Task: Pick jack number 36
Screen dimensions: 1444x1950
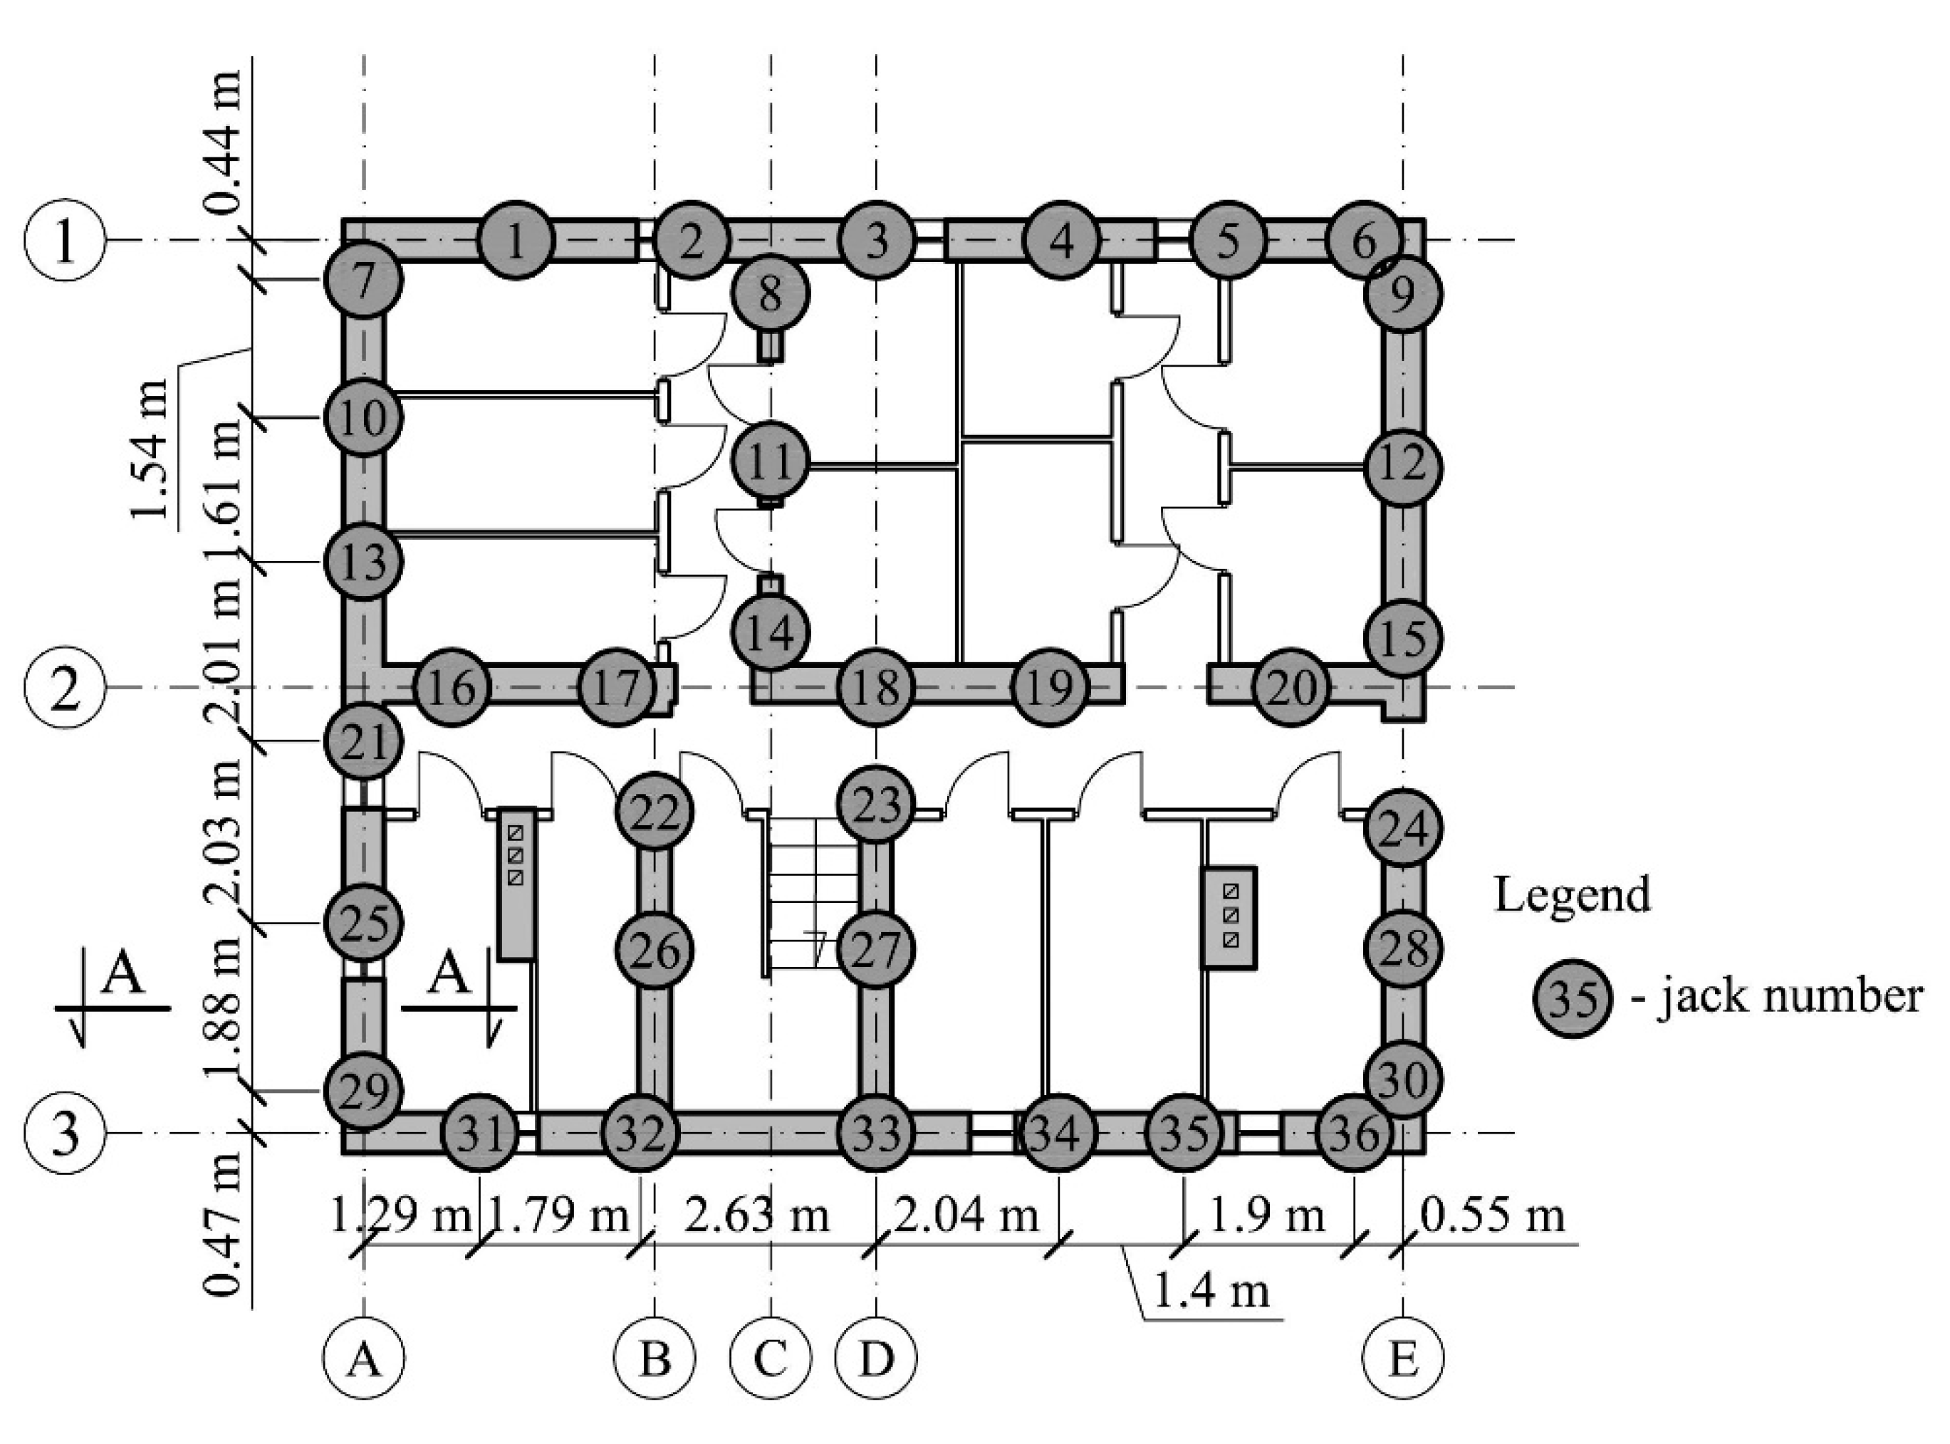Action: tap(1354, 1134)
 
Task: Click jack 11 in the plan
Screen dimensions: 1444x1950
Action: tap(769, 461)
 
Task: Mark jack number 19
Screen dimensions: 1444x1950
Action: tap(1051, 687)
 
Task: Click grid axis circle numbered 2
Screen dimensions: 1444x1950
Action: tap(66, 688)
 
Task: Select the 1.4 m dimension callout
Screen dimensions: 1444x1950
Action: tap(1211, 1291)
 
